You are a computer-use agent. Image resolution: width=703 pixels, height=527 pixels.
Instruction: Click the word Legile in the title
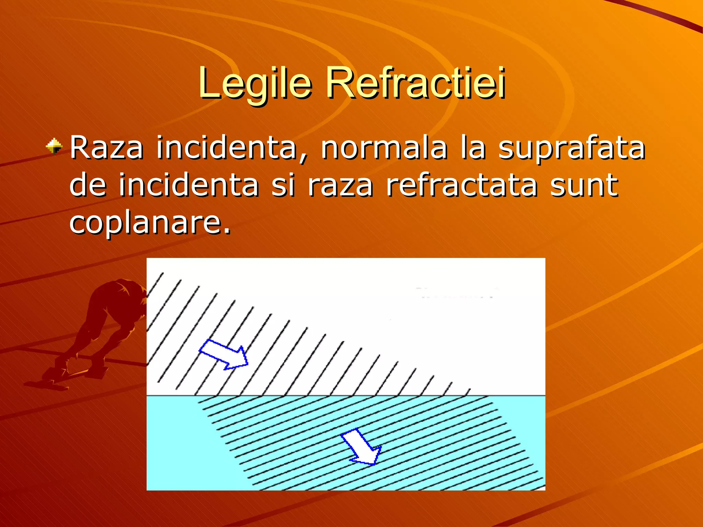pos(255,83)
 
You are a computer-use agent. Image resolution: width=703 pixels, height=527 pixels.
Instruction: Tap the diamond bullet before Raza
pos(54,146)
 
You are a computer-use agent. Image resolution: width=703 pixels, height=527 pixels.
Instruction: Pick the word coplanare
pos(150,223)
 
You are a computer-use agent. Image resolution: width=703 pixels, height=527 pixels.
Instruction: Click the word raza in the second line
pos(340,186)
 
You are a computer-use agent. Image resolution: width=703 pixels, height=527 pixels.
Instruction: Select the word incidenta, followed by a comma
pos(232,148)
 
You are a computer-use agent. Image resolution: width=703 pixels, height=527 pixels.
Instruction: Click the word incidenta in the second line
pos(188,185)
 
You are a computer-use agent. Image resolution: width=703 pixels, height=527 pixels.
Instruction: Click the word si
pos(283,185)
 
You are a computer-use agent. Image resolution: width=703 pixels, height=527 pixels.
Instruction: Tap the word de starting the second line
pos(88,185)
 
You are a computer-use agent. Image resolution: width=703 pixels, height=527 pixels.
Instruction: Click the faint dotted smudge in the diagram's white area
pos(457,293)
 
